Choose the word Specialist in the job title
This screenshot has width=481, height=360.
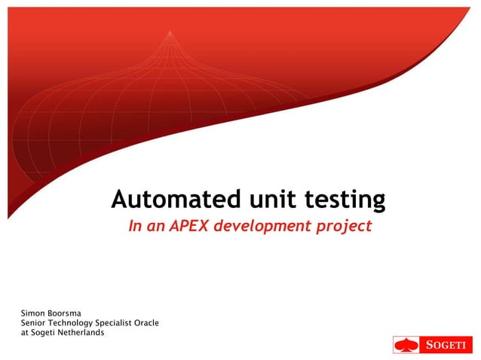(122, 323)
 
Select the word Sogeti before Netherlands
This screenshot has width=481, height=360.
(43, 332)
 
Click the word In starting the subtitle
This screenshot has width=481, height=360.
(134, 226)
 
